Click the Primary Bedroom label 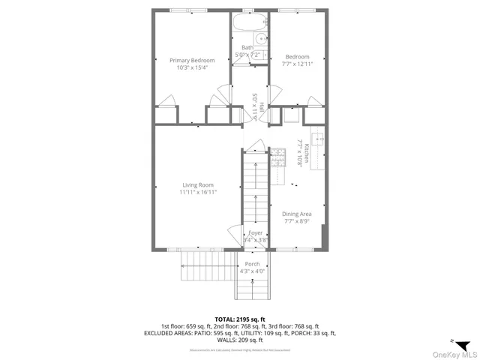[192, 60]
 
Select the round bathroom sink [262, 39]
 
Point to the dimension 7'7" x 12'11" [297, 64]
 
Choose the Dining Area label [297, 214]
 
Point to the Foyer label [256, 233]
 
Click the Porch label [252, 263]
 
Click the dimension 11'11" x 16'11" [198, 193]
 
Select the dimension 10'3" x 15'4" [192, 67]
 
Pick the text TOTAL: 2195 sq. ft [240, 319]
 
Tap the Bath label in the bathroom [247, 48]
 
